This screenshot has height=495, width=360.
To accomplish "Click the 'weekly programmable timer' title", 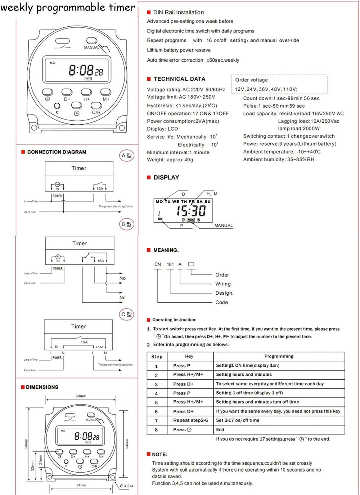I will [x=68, y=8].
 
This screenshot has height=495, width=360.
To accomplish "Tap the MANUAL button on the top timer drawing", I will [x=92, y=41].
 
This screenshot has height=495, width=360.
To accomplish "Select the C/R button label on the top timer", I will [x=96, y=112].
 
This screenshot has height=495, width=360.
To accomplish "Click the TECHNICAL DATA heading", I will [x=179, y=79].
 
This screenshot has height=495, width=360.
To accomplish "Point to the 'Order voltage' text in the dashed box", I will [x=251, y=80].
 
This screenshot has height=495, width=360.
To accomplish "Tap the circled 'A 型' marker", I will [x=126, y=156].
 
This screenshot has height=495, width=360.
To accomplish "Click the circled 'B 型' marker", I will [x=126, y=224].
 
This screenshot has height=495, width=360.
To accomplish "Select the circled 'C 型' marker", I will [x=126, y=315].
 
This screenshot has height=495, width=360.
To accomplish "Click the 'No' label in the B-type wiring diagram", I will [x=122, y=278].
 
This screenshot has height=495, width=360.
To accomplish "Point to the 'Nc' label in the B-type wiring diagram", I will [x=122, y=298].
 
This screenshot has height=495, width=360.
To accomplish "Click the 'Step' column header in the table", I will [x=157, y=357].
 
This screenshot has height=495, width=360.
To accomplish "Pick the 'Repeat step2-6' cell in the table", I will [x=190, y=420].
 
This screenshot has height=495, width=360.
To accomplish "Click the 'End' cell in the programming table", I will [x=220, y=430].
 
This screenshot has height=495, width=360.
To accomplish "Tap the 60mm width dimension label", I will [x=81, y=396].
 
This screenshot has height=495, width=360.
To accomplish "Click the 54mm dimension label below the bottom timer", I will [x=81, y=485].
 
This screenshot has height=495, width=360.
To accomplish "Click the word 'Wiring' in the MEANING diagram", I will [x=223, y=284].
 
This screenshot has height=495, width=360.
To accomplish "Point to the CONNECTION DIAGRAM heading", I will [x=57, y=152].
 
